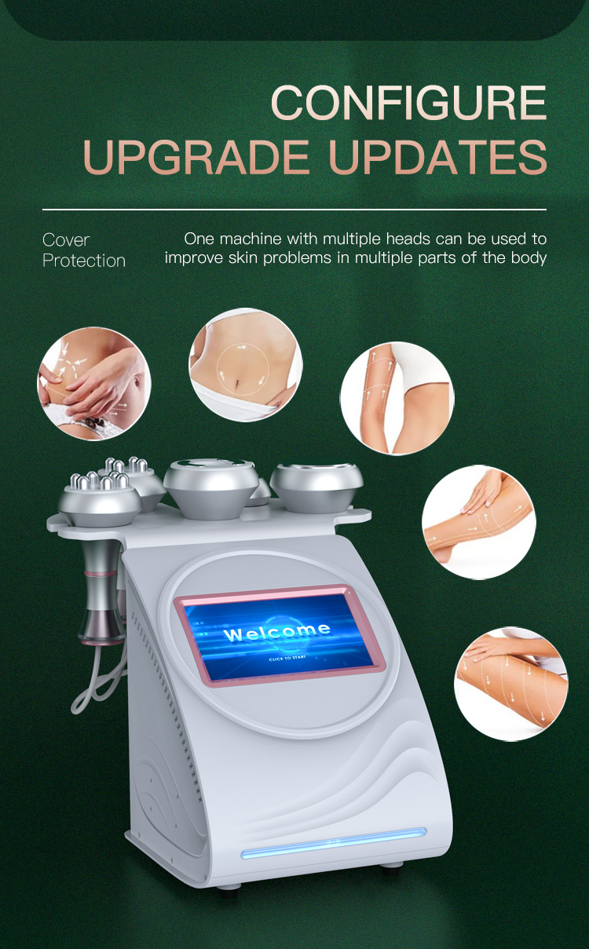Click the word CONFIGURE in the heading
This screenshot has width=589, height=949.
click(408, 103)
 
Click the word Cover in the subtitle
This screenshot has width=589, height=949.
click(66, 240)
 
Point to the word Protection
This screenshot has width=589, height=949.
click(84, 261)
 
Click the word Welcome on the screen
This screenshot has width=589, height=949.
click(276, 631)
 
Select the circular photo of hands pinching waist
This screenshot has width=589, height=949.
click(94, 383)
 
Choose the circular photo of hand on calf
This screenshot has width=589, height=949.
click(478, 522)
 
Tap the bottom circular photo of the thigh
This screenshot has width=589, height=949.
click(510, 683)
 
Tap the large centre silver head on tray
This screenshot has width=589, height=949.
click(210, 487)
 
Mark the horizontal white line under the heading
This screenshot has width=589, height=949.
click(294, 210)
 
